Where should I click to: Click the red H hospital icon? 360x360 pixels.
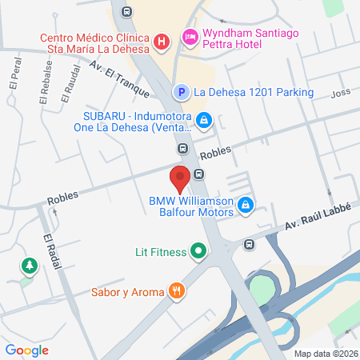click(161, 41)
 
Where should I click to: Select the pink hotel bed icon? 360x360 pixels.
click(190, 36)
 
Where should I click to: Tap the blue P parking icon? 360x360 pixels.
click(182, 93)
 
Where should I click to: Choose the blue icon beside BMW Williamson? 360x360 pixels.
click(246, 206)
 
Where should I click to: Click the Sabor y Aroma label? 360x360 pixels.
click(127, 291)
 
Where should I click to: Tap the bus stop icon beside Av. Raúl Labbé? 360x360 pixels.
click(250, 245)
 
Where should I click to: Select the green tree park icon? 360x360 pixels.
click(30, 265)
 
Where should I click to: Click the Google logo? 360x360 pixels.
click(27, 350)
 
